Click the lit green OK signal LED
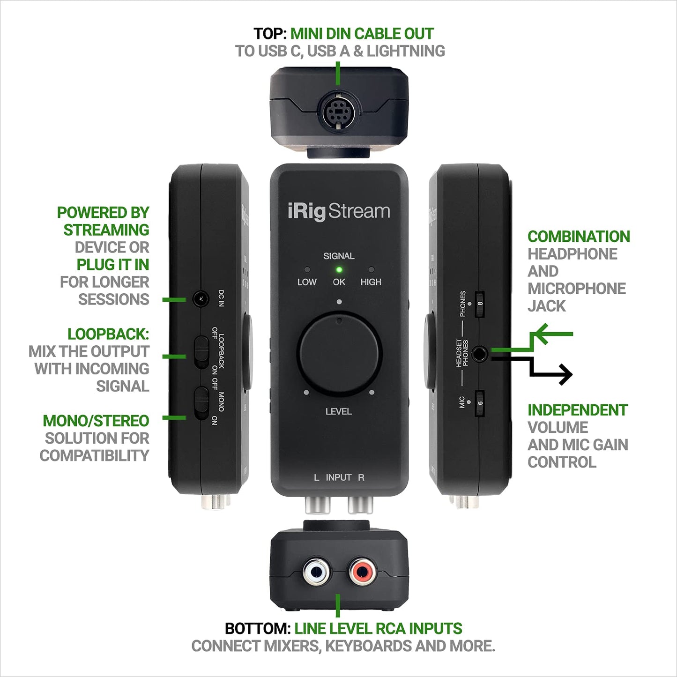coord(339,270)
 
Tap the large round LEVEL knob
coord(339,354)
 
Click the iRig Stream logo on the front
coord(339,212)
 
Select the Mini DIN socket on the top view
coord(338,112)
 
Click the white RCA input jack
coord(316,572)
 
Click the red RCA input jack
coord(361,572)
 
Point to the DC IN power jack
coord(201,298)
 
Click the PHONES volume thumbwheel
coord(479,304)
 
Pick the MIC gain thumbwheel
coord(479,403)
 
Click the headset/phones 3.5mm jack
coord(479,354)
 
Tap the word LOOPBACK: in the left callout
coord(108,334)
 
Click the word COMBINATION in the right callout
coord(579,237)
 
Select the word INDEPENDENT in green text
coord(577,410)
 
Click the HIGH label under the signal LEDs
coord(371,282)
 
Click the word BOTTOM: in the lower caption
coord(258,628)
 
